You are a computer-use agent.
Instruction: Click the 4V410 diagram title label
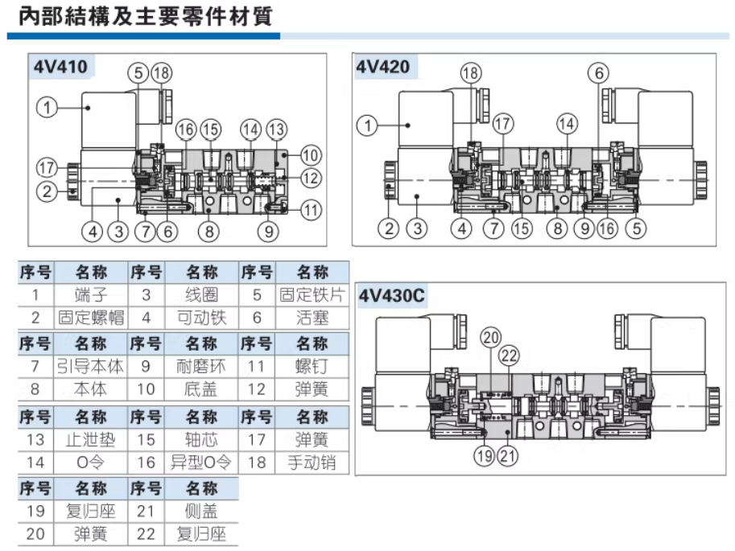pos(60,67)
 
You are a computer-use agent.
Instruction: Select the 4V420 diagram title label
pos(383,67)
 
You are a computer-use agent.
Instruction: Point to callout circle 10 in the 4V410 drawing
pos(311,154)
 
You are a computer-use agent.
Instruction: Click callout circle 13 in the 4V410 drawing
pos(276,129)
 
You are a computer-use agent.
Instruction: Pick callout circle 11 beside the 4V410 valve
pos(311,211)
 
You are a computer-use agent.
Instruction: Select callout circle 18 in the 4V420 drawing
pos(470,73)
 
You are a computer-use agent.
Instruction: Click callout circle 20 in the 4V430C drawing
pos(491,338)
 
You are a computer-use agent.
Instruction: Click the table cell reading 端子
pos(90,295)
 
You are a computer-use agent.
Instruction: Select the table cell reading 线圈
pos(201,295)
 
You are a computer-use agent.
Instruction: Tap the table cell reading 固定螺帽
pos(90,318)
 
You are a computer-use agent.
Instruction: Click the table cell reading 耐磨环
pos(201,367)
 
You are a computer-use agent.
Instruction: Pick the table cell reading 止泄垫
pos(90,440)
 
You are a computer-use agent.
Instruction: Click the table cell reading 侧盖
pos(201,512)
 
